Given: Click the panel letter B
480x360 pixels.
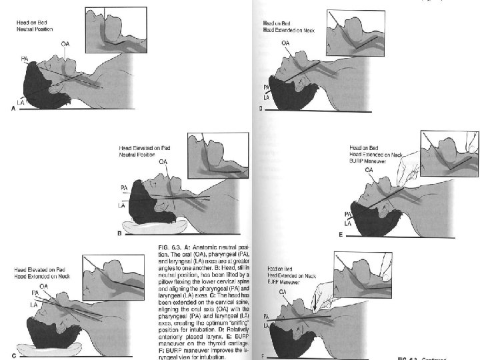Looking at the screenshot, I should (x=119, y=234).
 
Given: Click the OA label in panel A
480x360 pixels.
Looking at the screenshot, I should (x=64, y=43).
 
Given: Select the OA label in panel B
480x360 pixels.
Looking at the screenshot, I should (x=163, y=161).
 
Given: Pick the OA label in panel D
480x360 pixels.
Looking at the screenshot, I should (x=285, y=42).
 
